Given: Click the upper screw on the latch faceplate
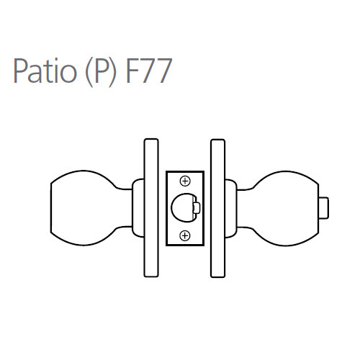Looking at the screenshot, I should (185, 180).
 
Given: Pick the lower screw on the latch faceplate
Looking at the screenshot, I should (185, 234).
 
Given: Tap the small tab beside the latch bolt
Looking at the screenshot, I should (197, 207).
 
